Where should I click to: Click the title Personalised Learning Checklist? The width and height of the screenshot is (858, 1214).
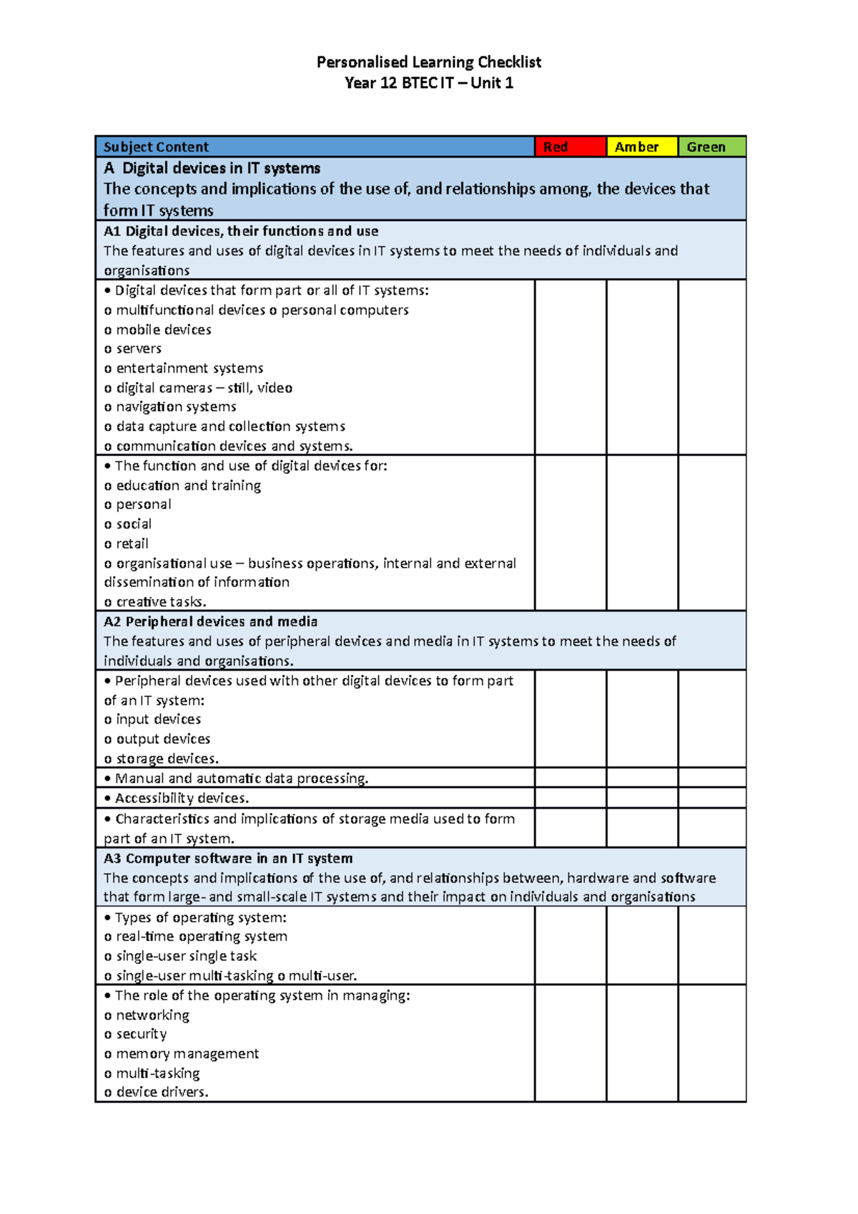tap(428, 62)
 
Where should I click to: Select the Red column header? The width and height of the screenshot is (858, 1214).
tap(570, 147)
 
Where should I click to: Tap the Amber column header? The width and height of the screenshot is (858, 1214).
tap(641, 147)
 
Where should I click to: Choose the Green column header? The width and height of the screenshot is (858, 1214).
tap(711, 147)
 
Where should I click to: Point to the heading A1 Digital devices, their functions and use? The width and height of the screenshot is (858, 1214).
tap(241, 231)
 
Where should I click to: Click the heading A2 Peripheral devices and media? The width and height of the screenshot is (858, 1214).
tap(210, 621)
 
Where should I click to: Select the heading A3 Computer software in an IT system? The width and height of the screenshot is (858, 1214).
tap(228, 858)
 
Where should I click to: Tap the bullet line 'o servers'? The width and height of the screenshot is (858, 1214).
tap(133, 349)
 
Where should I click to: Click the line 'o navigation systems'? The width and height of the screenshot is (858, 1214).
tap(170, 407)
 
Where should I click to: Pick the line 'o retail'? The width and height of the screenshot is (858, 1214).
tap(127, 543)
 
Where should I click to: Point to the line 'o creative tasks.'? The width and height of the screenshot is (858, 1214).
tap(155, 602)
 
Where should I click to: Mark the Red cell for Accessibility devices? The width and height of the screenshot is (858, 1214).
tap(570, 798)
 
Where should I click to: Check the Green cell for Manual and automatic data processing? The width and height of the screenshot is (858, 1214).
tap(711, 778)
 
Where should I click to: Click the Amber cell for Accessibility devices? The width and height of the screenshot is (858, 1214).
tap(641, 798)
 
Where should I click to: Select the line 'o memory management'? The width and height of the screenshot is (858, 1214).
tap(182, 1054)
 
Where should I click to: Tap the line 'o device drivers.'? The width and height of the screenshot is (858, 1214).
tap(157, 1092)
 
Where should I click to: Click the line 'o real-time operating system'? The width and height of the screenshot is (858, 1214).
tap(196, 937)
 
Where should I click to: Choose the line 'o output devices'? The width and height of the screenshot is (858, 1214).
tap(157, 739)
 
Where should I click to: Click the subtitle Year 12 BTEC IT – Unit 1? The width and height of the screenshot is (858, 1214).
tap(428, 83)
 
